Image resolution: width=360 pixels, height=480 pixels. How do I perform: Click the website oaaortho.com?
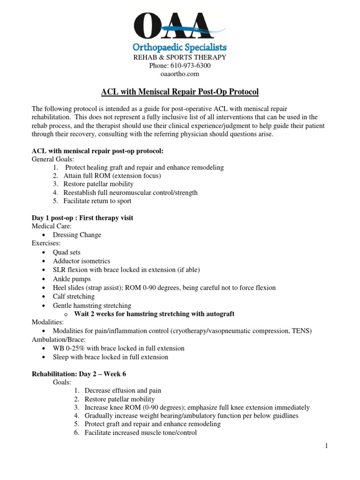click(180, 74)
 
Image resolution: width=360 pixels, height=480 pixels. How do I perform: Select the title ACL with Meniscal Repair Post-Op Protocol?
click(180, 91)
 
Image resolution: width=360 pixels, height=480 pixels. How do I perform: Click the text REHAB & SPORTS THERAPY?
click(180, 57)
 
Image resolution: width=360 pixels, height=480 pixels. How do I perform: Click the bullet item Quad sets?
click(67, 252)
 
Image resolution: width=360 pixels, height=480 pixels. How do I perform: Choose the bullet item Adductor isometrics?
click(82, 261)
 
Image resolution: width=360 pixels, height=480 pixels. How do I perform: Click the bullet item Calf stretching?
click(74, 297)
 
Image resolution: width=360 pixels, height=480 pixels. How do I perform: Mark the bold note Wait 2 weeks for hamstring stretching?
click(154, 314)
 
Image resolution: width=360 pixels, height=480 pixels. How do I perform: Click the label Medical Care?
click(52, 226)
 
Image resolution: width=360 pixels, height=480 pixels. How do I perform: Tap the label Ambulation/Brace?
click(59, 339)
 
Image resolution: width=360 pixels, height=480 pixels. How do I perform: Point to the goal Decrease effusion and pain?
click(123, 391)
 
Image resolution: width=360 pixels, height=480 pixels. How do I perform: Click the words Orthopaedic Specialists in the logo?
click(180, 47)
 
